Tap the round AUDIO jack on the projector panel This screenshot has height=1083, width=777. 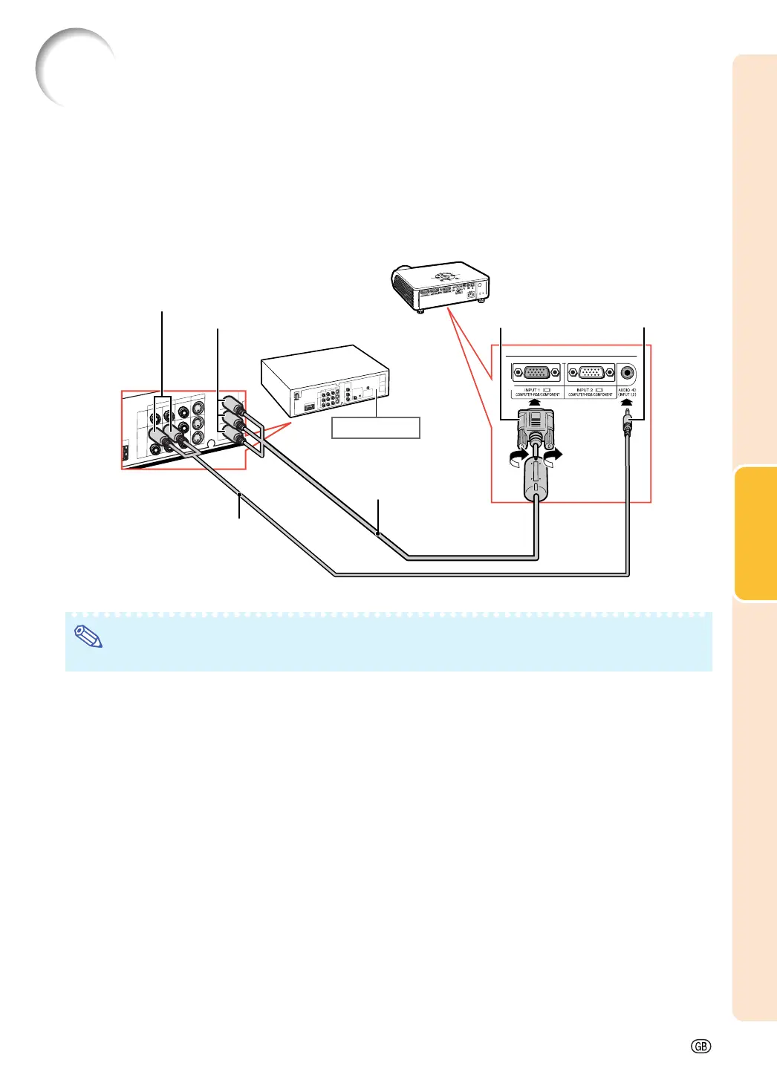pyautogui.click(x=628, y=373)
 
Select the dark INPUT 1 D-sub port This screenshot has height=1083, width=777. pyautogui.click(x=536, y=373)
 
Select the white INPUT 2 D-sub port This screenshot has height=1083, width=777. pyautogui.click(x=591, y=373)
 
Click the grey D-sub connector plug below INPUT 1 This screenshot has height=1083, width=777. pyautogui.click(x=535, y=431)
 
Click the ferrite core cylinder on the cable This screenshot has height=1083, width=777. pyautogui.click(x=535, y=479)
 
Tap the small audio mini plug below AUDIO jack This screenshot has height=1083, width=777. pyautogui.click(x=628, y=427)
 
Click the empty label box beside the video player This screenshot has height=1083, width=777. pyautogui.click(x=375, y=428)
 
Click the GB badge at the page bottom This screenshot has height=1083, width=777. pyautogui.click(x=700, y=1046)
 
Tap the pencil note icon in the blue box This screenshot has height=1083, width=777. pyautogui.click(x=88, y=637)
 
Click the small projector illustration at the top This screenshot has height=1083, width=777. pyautogui.click(x=440, y=286)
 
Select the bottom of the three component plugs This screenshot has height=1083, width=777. pyautogui.click(x=235, y=438)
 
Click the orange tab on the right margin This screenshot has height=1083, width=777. pyautogui.click(x=755, y=533)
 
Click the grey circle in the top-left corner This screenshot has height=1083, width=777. pyautogui.click(x=74, y=67)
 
